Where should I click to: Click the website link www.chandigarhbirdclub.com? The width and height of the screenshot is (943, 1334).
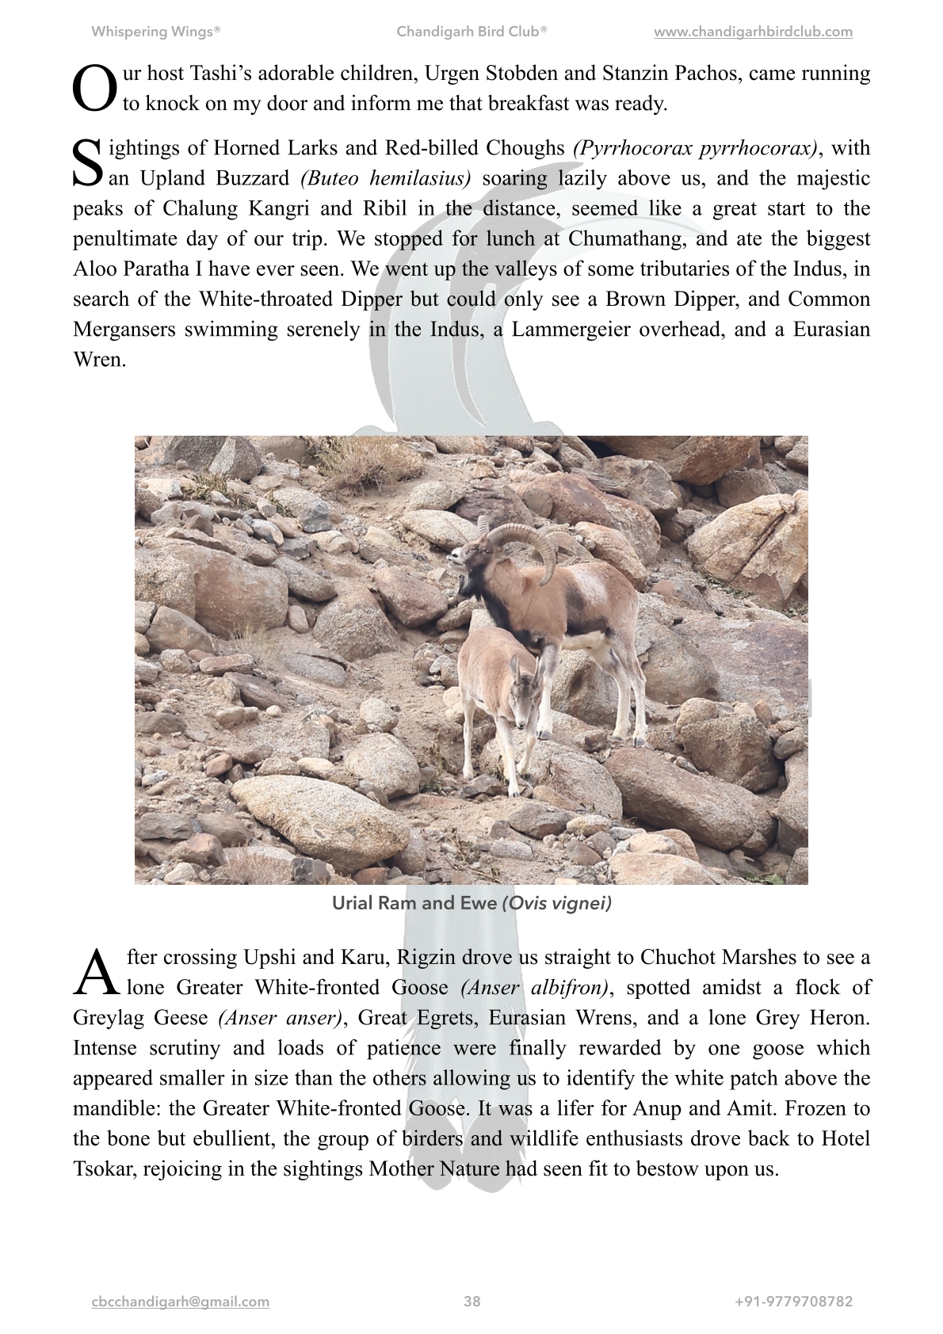[x=753, y=32]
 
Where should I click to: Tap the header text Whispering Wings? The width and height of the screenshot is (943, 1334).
[x=156, y=32]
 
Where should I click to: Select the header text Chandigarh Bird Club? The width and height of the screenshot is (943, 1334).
[x=471, y=32]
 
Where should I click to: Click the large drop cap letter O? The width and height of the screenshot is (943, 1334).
[x=94, y=89]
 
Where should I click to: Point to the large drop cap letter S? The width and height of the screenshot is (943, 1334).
[x=88, y=163]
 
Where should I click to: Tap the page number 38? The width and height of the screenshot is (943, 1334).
[x=472, y=1302]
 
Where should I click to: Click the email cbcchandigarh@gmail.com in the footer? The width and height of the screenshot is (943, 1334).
[x=181, y=1302]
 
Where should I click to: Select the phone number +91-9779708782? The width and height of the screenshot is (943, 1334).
[x=794, y=1302]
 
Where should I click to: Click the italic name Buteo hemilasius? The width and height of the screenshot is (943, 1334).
[x=386, y=179]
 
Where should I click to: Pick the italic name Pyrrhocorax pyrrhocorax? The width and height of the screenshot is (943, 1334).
[x=695, y=149]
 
